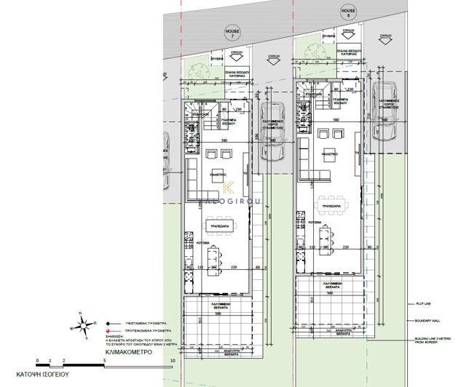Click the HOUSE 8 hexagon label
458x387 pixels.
347,12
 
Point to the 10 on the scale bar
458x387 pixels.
173,360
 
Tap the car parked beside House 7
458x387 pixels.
272,129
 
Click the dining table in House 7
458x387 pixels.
216,227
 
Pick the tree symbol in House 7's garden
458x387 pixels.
195,72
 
